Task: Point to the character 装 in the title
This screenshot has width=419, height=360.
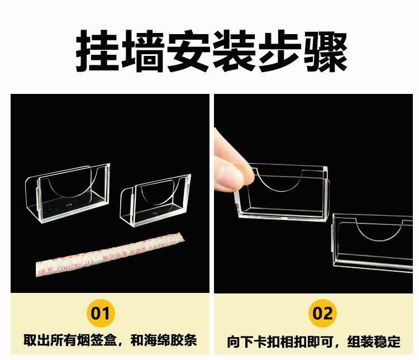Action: [232, 51]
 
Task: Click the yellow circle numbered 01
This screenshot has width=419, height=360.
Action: [101, 313]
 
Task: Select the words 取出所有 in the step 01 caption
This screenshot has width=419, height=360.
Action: [45, 340]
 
